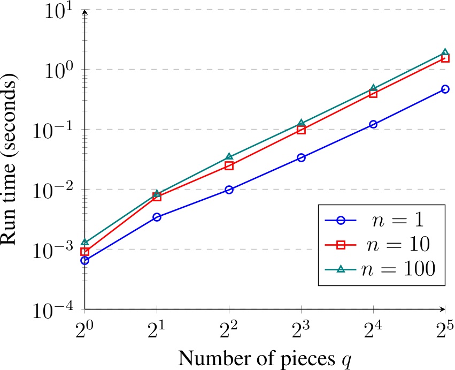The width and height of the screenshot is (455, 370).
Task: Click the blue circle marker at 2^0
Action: (84, 260)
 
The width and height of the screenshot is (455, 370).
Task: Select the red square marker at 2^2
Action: (229, 165)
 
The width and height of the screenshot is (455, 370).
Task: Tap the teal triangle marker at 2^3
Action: (301, 123)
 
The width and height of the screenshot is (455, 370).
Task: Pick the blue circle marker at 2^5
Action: (445, 89)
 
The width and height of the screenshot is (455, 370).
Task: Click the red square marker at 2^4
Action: (373, 93)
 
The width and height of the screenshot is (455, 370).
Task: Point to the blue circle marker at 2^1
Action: (157, 217)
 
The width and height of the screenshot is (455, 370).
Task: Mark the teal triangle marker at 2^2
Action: (229, 157)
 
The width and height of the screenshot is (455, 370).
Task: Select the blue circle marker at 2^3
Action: (301, 157)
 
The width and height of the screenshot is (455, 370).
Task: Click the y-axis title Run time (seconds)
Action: (14, 160)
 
